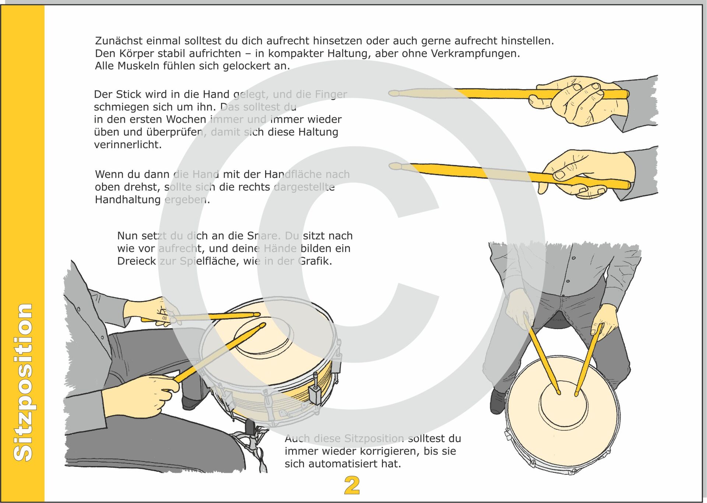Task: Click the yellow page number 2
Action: click(352, 485)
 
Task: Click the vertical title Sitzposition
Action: click(23, 382)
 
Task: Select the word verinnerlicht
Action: click(127, 144)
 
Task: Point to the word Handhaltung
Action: click(127, 200)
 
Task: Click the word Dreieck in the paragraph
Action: click(136, 261)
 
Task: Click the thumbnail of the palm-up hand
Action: click(559, 174)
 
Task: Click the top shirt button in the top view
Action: click(573, 258)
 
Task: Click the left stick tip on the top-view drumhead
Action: click(559, 393)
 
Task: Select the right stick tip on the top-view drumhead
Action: click(576, 395)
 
